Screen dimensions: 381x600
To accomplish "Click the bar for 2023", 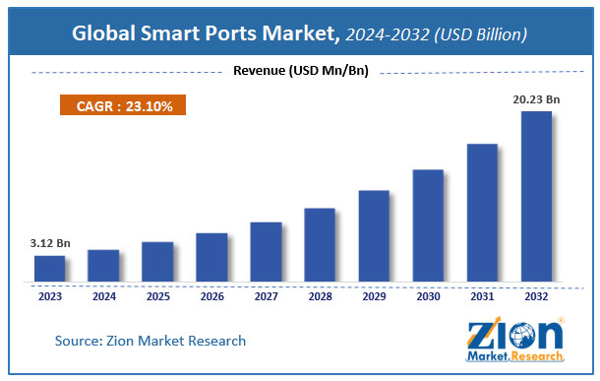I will tap(49, 268).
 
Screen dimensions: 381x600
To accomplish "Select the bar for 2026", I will tap(211, 257).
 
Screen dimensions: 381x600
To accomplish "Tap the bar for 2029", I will tap(374, 235).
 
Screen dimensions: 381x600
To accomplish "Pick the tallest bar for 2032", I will tap(536, 196).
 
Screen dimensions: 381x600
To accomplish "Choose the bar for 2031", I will tap(482, 213).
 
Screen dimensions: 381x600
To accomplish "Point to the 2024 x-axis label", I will tap(103, 293).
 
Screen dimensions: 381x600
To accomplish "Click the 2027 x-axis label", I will tap(266, 293).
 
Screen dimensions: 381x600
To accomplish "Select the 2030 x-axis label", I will tap(428, 293).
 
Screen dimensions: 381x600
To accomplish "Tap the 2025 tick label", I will tap(157, 293).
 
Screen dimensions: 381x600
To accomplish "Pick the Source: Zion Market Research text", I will tap(150, 341).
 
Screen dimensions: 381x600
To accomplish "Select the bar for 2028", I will tap(320, 245).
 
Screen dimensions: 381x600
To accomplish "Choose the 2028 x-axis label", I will tap(320, 293).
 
